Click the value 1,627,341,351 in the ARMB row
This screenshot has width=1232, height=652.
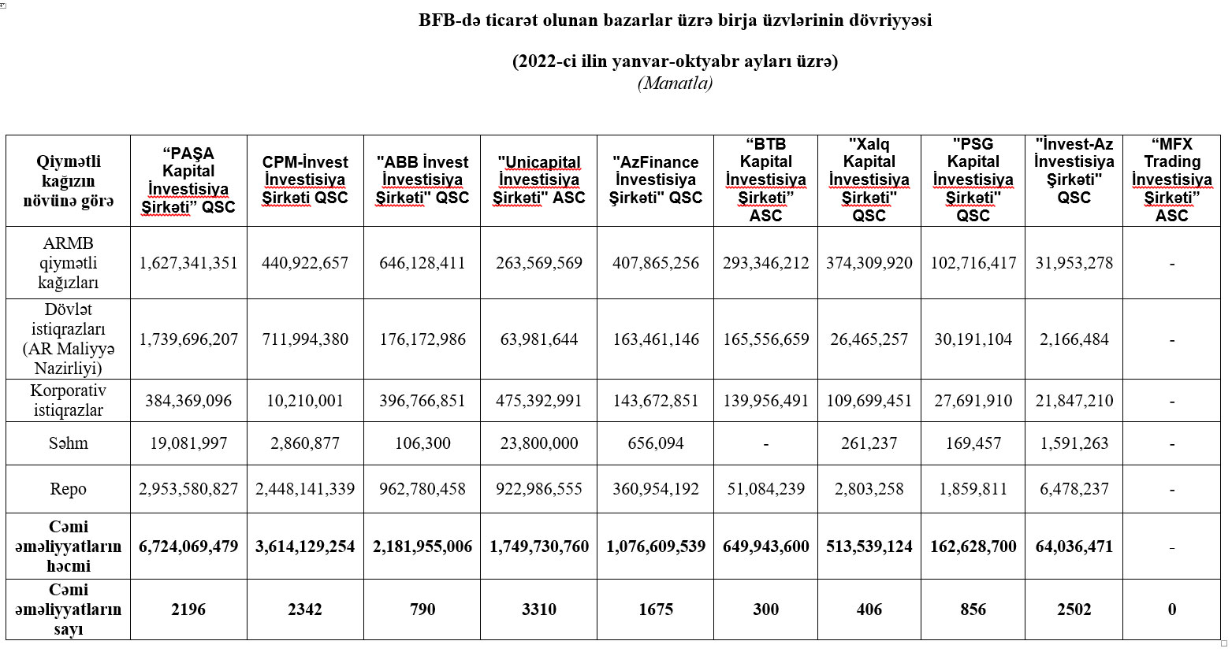[x=188, y=263]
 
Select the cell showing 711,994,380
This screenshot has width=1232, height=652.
[x=305, y=339]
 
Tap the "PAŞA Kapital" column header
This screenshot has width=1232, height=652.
[x=188, y=180]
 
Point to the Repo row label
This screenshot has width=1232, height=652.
[x=68, y=489]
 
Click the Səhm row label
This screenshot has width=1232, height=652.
[x=68, y=443]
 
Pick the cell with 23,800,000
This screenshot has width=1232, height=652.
[x=539, y=443]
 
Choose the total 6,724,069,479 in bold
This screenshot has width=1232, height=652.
[x=188, y=546]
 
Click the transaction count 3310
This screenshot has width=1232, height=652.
[x=539, y=609]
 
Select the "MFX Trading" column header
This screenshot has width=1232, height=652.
[x=1171, y=180]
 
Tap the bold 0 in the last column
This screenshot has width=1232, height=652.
[x=1172, y=609]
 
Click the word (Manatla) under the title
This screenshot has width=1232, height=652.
[x=675, y=83]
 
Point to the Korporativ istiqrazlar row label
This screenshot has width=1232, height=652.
[x=68, y=401]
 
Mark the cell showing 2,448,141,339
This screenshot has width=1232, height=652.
[x=305, y=489]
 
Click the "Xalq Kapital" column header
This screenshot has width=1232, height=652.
[x=869, y=180]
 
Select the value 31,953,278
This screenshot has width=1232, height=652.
[x=1074, y=263]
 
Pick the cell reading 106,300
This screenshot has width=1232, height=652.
[x=422, y=443]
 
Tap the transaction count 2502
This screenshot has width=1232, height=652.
[x=1074, y=609]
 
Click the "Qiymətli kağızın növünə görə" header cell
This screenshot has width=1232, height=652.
[x=68, y=180]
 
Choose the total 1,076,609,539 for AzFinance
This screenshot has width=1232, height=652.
[x=656, y=546]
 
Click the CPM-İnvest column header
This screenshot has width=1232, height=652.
[x=305, y=180]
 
